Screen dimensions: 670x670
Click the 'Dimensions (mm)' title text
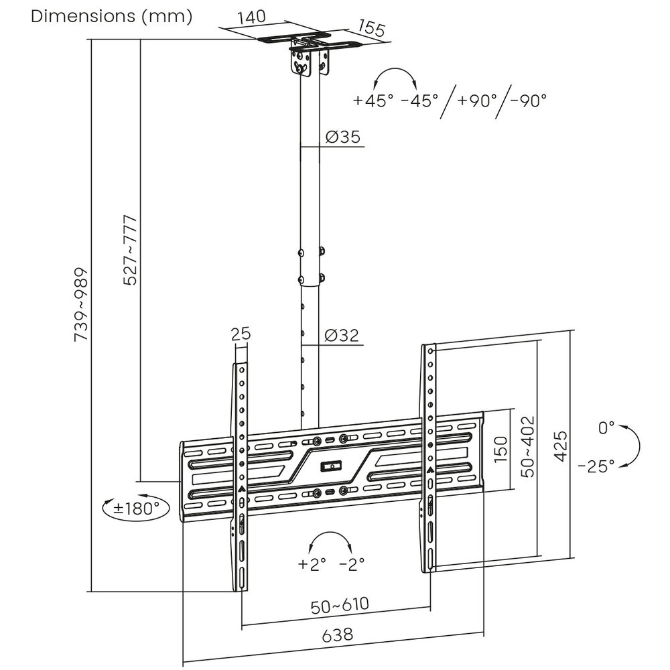point(111,16)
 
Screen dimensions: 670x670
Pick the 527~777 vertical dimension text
point(131,250)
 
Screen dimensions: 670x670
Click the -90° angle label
point(528,100)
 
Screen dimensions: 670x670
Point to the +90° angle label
point(478,100)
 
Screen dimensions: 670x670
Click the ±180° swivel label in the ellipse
point(136,508)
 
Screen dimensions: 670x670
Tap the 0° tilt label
point(606,427)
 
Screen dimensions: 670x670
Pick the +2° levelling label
point(312,564)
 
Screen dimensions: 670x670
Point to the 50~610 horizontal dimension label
point(340,605)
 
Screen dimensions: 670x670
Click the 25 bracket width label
point(241,333)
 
